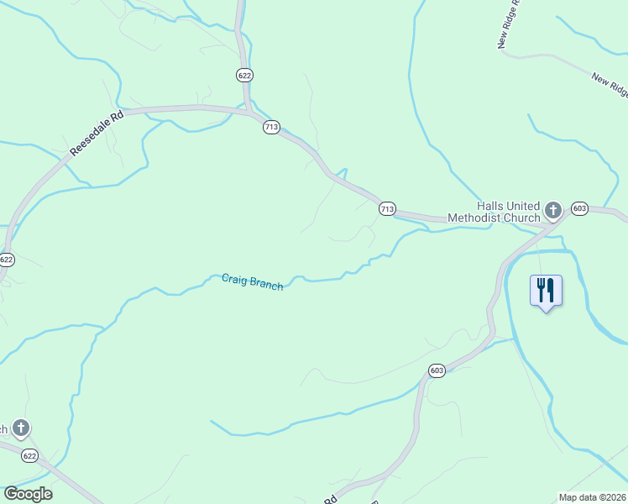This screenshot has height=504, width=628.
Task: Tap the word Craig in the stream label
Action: (x=236, y=279)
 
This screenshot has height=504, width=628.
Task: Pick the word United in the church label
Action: (x=526, y=205)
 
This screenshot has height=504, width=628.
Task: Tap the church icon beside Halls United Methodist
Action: (x=553, y=209)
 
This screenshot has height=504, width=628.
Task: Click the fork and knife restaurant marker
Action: (x=546, y=291)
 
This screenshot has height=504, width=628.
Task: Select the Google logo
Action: (x=28, y=494)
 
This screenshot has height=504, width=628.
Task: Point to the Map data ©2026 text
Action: (x=593, y=497)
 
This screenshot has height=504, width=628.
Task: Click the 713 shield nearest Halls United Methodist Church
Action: (x=386, y=208)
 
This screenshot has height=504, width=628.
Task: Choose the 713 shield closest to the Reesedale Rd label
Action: (x=270, y=127)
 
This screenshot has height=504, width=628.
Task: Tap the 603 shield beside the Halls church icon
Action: (x=579, y=208)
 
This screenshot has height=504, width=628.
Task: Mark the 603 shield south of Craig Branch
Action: (x=436, y=370)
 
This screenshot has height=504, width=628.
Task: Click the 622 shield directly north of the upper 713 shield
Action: (x=244, y=75)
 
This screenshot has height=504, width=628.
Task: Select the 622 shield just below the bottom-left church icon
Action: (x=29, y=455)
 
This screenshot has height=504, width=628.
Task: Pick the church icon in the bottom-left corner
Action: (x=21, y=428)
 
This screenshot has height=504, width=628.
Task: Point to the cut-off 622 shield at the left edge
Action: (x=6, y=260)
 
